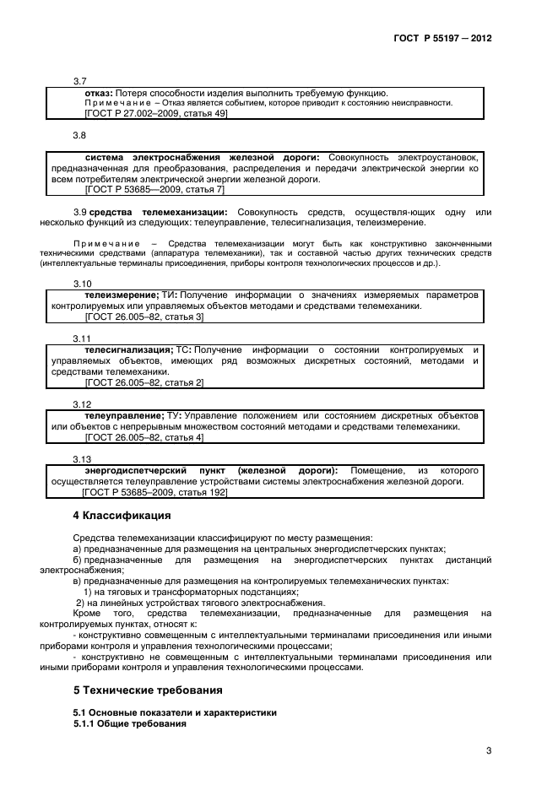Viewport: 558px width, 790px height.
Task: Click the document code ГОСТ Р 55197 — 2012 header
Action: click(x=453, y=39)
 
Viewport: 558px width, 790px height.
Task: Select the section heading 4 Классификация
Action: click(x=122, y=516)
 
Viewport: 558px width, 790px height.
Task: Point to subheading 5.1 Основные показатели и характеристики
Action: click(x=175, y=713)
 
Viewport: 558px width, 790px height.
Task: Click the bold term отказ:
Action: click(x=99, y=92)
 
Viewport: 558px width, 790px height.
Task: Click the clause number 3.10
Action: click(x=83, y=284)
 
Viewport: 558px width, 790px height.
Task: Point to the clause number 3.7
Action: click(x=80, y=81)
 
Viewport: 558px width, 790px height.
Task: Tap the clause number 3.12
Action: click(x=83, y=404)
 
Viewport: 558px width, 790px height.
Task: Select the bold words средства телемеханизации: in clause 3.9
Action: click(x=158, y=211)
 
